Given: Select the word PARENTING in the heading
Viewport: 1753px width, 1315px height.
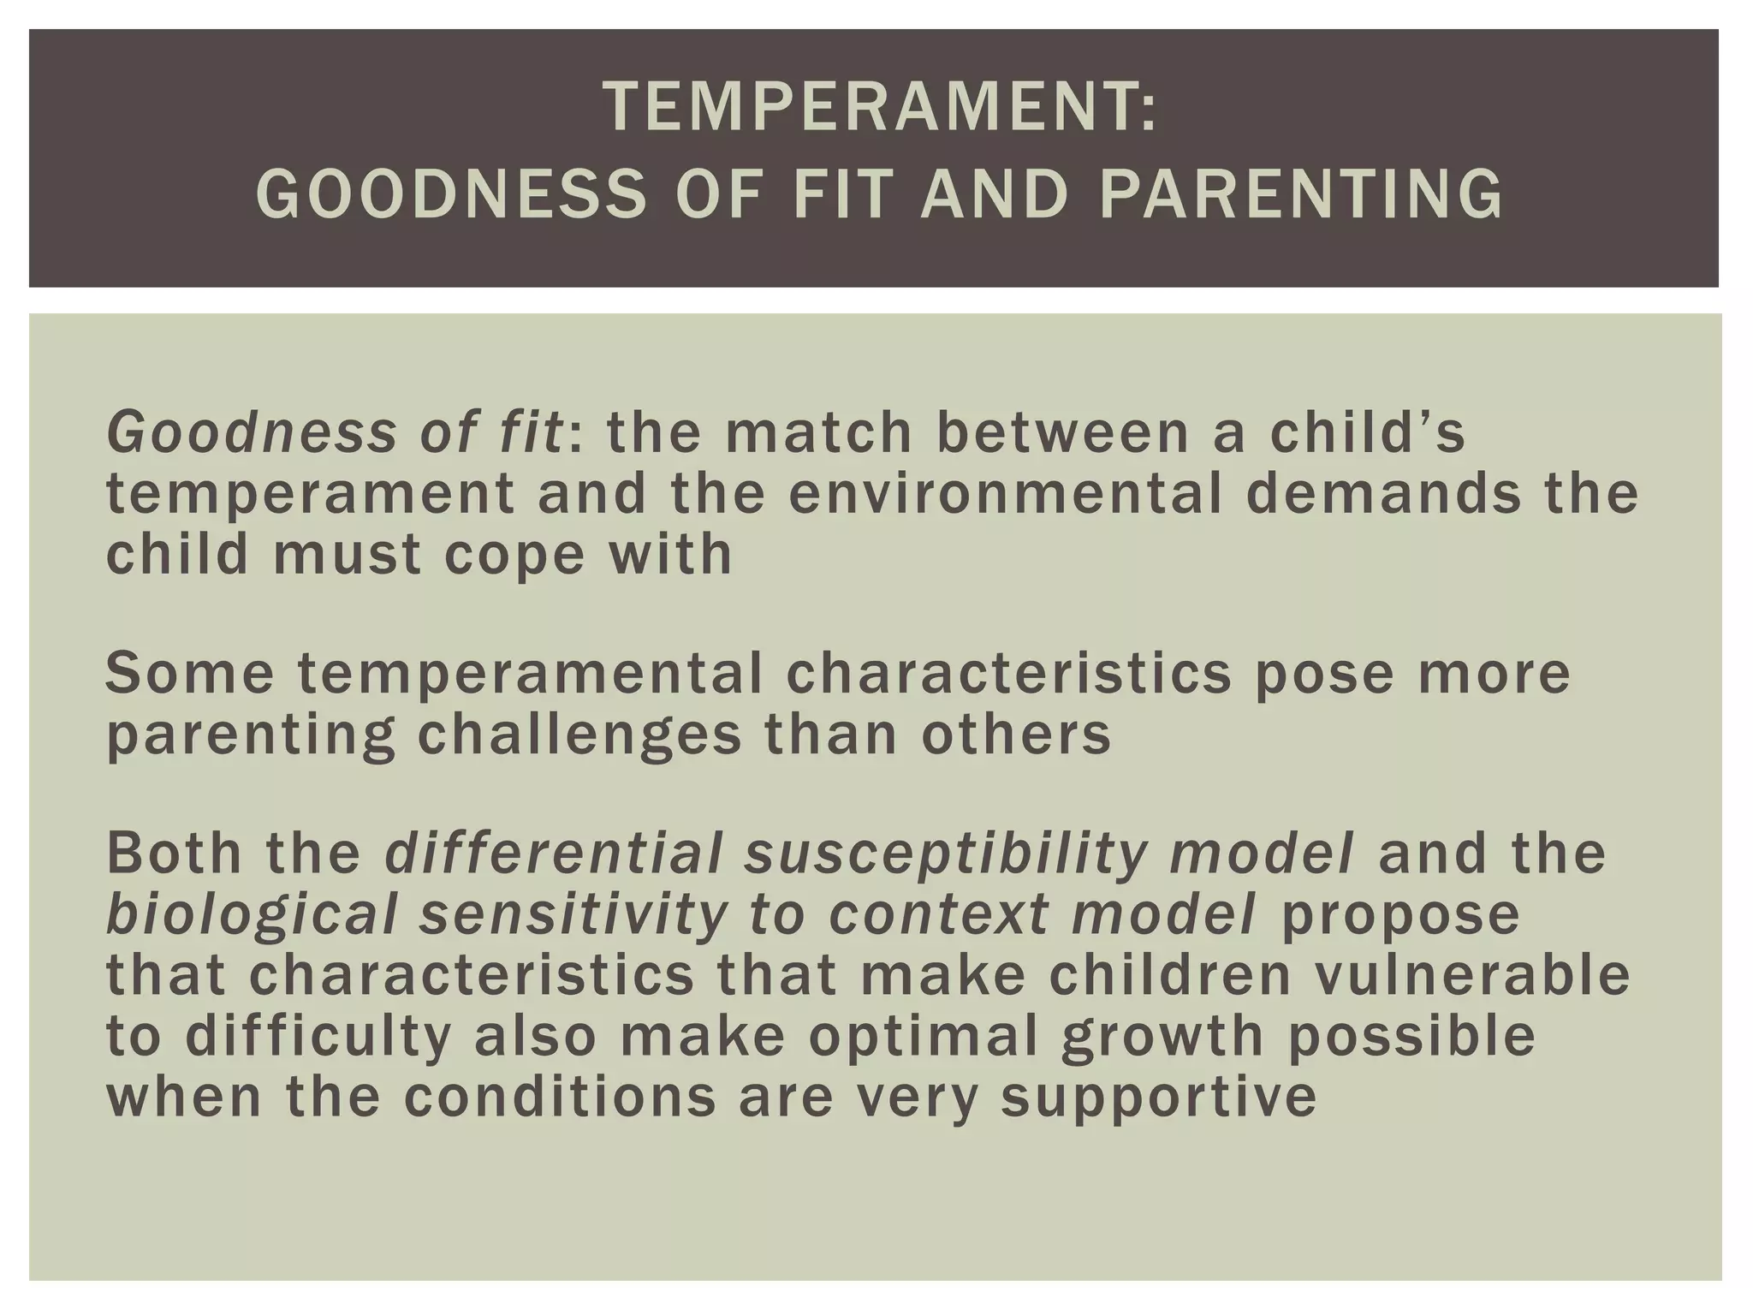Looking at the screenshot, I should (1300, 193).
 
